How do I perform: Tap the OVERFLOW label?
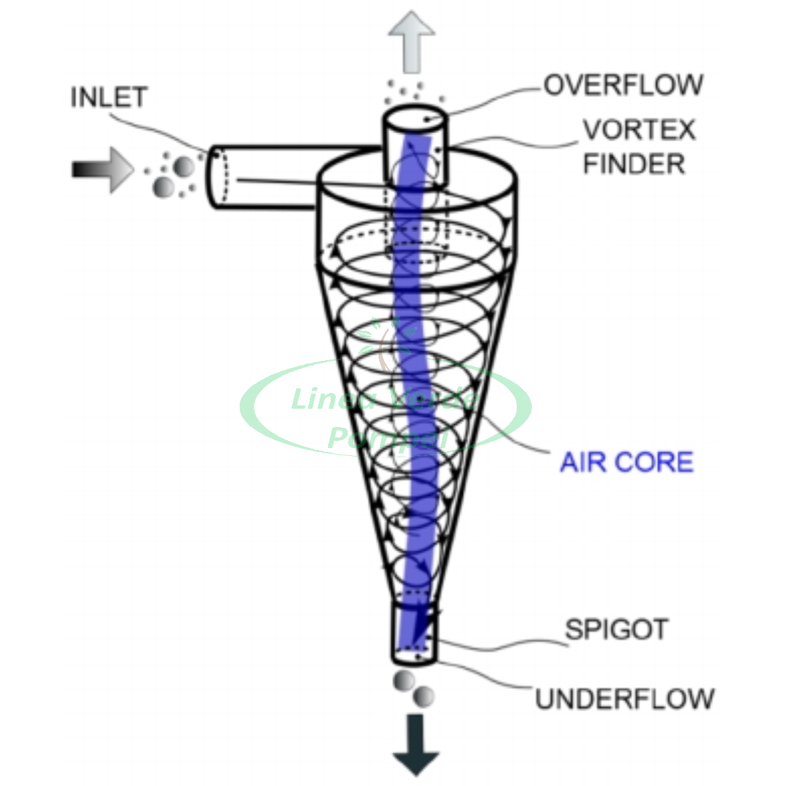click(623, 85)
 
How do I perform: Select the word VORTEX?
click(639, 130)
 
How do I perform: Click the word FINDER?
click(634, 164)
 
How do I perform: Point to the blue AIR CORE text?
click(626, 462)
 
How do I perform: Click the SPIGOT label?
click(616, 630)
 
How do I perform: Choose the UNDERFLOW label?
click(625, 699)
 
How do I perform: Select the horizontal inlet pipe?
click(275, 177)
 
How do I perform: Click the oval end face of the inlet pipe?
click(219, 178)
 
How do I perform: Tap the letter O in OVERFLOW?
click(554, 85)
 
